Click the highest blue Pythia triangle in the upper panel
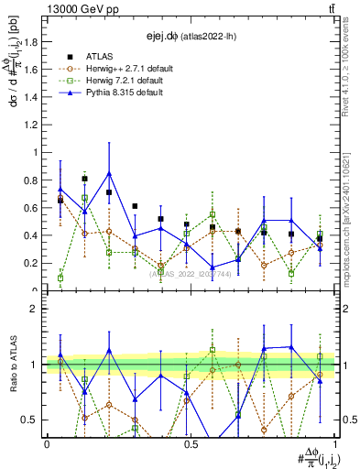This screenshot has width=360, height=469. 109,173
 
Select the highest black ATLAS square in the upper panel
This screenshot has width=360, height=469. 84,179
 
